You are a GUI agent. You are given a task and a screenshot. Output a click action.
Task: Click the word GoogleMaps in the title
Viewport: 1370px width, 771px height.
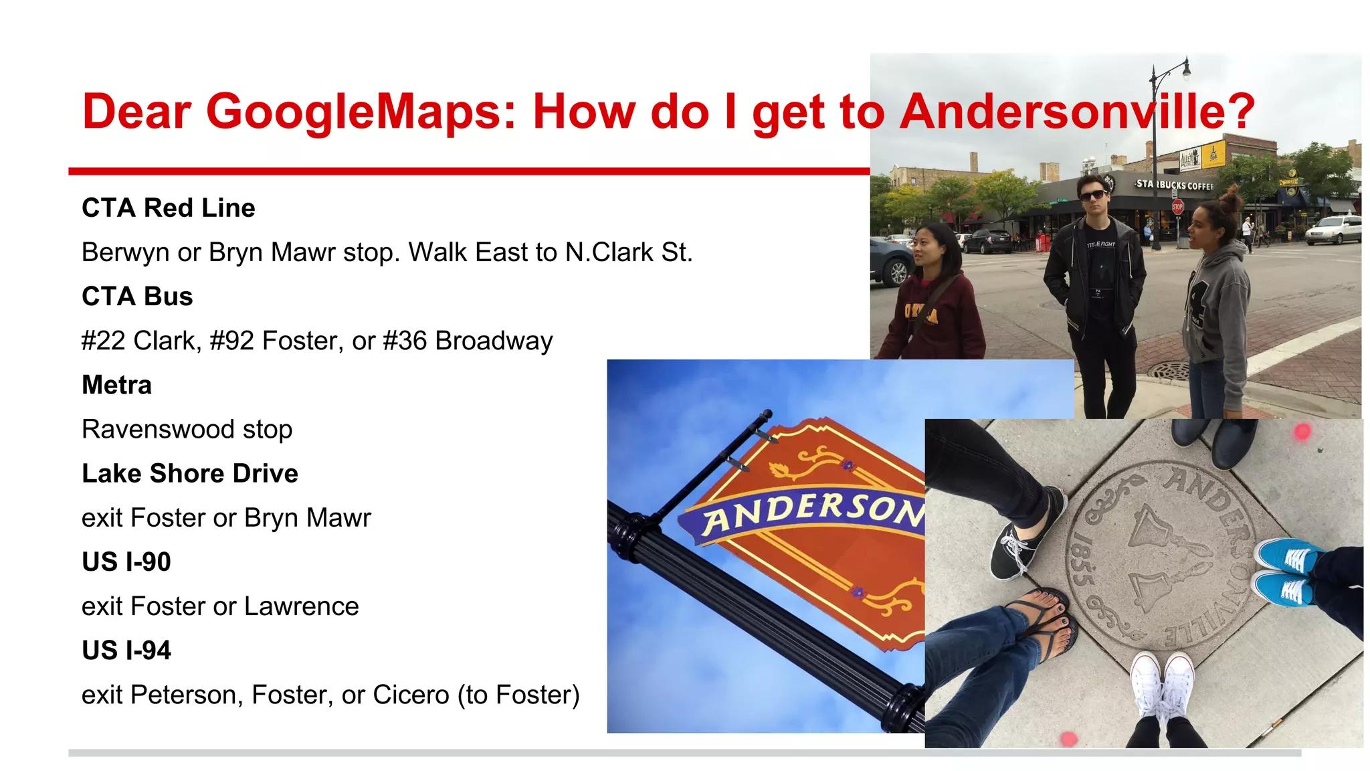pyautogui.click(x=361, y=111)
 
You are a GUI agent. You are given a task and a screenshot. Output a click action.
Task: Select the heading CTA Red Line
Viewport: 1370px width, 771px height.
pyautogui.click(x=168, y=208)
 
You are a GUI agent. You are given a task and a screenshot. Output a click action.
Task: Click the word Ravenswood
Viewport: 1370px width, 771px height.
pyautogui.click(x=158, y=430)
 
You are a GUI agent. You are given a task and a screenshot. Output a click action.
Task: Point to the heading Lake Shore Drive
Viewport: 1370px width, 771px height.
pyautogui.click(x=189, y=474)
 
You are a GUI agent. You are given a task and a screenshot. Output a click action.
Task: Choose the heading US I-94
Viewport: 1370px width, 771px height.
pyautogui.click(x=126, y=651)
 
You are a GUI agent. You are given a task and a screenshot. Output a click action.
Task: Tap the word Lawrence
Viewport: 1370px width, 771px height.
pyautogui.click(x=301, y=607)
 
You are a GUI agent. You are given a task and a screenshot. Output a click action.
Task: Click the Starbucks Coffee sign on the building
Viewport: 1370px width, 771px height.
pyautogui.click(x=1174, y=185)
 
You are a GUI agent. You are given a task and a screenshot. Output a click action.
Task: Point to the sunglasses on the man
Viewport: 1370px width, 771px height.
pyautogui.click(x=1093, y=195)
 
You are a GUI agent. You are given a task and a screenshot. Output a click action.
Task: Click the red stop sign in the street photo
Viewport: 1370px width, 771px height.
pyautogui.click(x=1177, y=207)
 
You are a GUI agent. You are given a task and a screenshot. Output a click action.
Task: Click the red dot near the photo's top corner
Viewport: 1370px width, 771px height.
pyautogui.click(x=1302, y=432)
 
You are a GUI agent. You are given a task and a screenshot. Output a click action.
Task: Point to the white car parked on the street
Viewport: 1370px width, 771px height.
pyautogui.click(x=1334, y=230)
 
